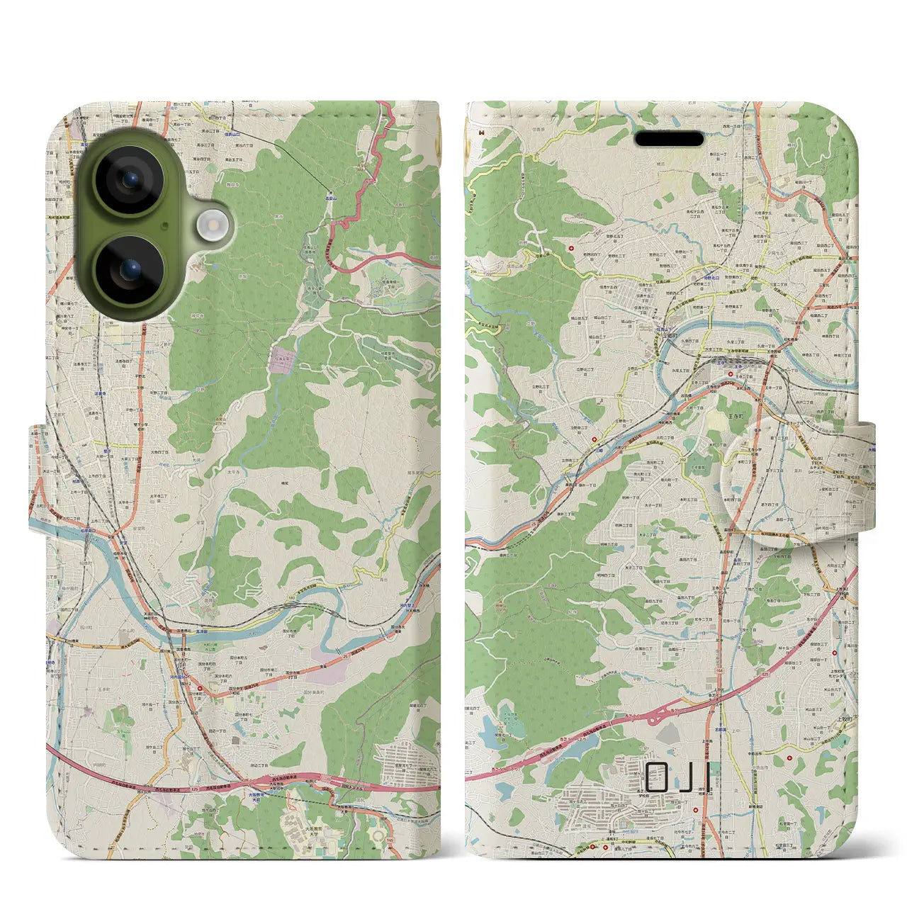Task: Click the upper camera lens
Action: (x=130, y=180)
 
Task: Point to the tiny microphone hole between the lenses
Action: (x=164, y=225)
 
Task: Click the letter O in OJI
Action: (x=658, y=777)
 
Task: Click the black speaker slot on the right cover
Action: (x=669, y=139)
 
